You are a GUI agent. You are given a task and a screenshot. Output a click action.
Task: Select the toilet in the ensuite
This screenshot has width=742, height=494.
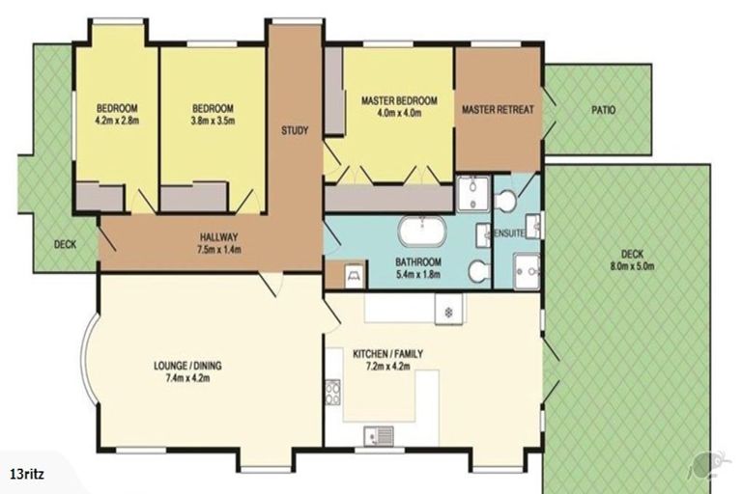[x=503, y=201]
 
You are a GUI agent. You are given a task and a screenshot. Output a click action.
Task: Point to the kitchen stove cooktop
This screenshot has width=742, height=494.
[x=333, y=392]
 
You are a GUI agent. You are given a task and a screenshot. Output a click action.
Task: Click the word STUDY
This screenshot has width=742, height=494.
[x=295, y=130]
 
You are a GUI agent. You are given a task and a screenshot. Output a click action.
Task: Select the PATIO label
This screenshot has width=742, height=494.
[x=604, y=110]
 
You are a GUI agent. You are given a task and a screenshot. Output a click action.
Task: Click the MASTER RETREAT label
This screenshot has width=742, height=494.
[x=498, y=110]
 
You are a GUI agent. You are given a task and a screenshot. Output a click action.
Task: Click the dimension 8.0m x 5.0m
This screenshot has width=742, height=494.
[x=632, y=266]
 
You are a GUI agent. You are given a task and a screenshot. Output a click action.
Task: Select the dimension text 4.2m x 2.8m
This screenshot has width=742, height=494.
[x=117, y=121]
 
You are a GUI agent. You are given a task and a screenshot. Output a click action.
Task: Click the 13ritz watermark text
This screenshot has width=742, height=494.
[x=27, y=474]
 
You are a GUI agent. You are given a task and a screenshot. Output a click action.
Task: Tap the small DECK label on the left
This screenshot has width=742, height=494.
[x=65, y=245]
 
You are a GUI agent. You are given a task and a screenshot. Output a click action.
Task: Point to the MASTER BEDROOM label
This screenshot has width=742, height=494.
[x=399, y=100]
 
